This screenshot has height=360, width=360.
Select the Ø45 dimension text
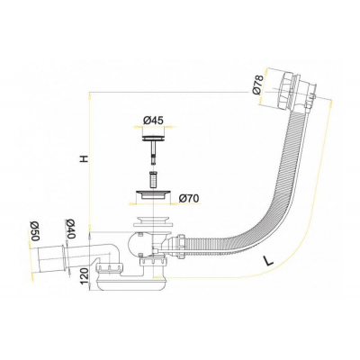click(152, 121)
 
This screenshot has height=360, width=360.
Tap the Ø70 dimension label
click(189, 196)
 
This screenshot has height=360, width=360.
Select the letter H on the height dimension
click(82, 158)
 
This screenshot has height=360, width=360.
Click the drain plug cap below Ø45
click(152, 137)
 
